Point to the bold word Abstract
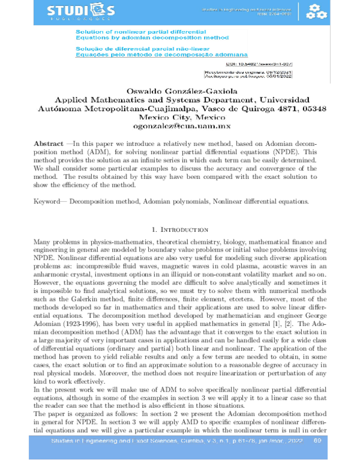coord(48,145)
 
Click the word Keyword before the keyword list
coord(49,201)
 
